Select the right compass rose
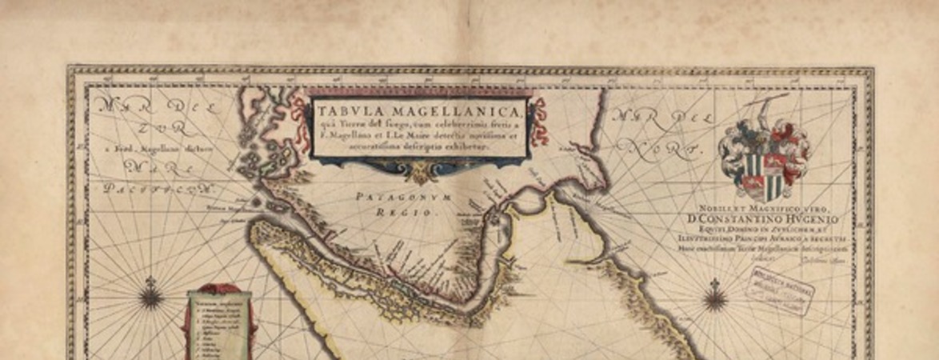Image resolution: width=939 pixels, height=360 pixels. [714, 298]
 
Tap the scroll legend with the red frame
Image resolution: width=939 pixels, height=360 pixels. [218, 321]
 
